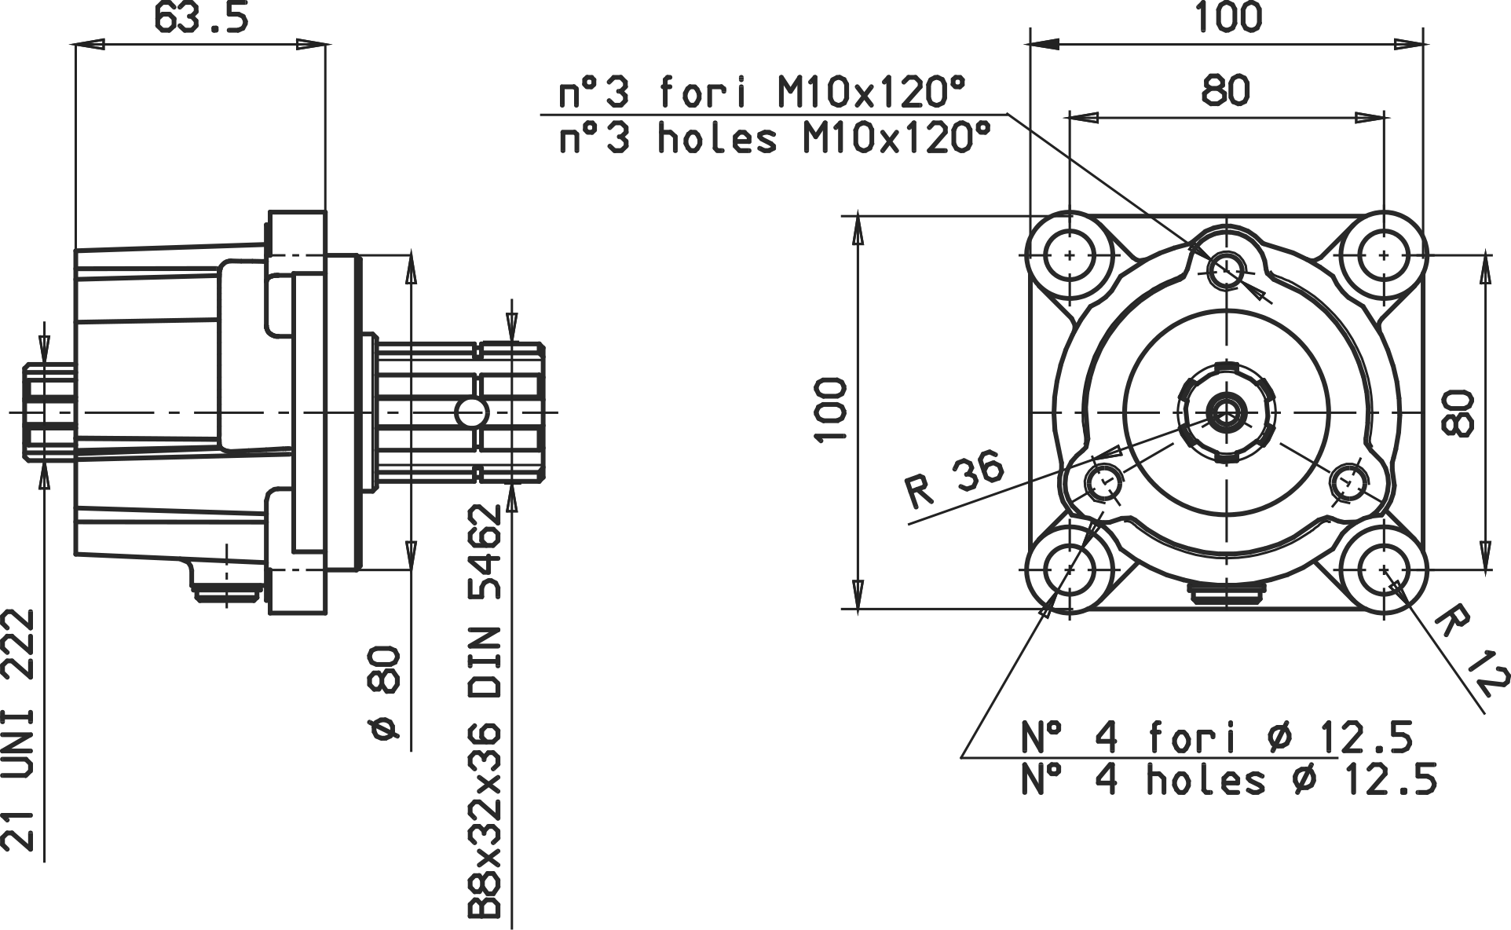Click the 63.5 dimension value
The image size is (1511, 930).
coord(201,17)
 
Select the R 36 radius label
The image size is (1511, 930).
coord(955,478)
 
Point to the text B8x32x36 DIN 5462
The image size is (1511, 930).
coord(485,712)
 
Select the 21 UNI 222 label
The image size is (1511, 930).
coord(18,730)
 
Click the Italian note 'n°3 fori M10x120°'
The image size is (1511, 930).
coord(761,93)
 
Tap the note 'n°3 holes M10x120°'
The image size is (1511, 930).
coord(774,138)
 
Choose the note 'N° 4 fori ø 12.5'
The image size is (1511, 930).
coord(1217,738)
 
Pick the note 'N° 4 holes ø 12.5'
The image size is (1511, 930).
coord(1229,780)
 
